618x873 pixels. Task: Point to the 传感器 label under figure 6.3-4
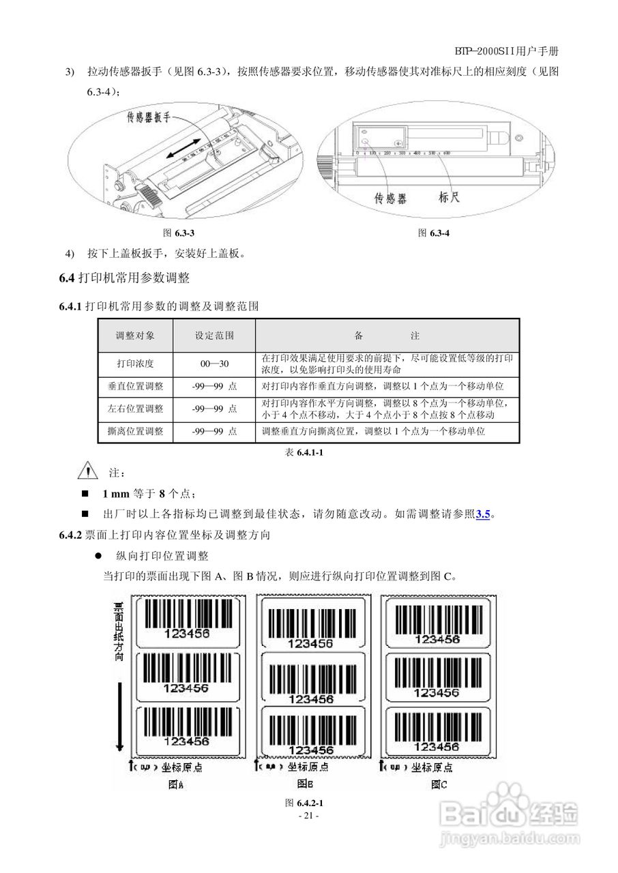coord(391,198)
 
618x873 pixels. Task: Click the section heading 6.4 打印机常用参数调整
coord(123,278)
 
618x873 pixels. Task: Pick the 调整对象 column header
coord(135,336)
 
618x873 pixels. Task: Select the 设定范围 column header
coord(214,336)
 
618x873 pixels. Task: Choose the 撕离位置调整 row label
coord(135,431)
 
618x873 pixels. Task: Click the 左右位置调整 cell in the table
coord(135,409)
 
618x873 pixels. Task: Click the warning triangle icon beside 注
coord(88,471)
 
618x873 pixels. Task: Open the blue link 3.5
coord(483,514)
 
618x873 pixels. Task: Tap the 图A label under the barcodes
coord(176,784)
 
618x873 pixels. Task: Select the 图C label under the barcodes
coord(439,784)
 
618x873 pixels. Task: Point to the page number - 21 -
coord(308,815)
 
